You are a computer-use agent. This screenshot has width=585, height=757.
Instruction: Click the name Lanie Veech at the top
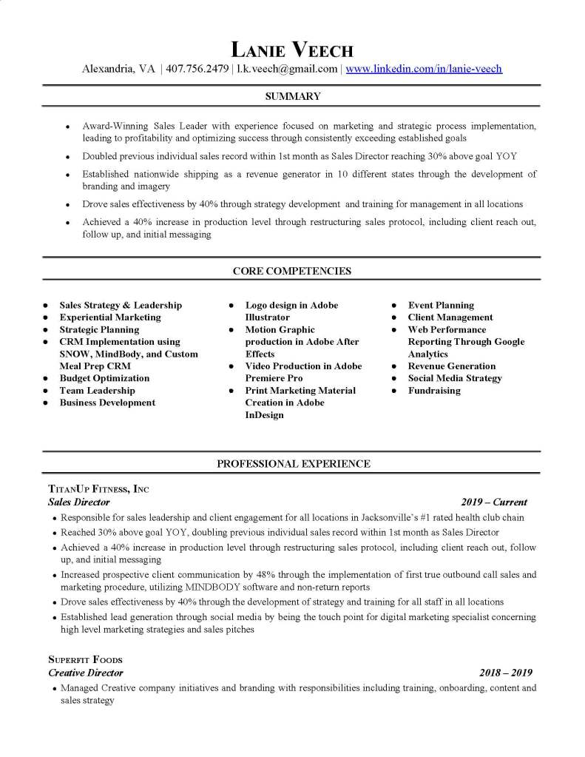coord(293,50)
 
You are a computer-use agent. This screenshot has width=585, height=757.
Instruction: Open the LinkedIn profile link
coord(424,69)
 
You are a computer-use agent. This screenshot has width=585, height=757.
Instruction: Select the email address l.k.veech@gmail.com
coord(287,69)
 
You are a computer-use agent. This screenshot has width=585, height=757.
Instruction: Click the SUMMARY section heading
coord(293,96)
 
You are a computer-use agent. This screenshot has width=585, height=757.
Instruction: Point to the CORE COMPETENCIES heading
coord(293,271)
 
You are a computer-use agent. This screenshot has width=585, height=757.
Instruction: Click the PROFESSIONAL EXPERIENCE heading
coord(293,464)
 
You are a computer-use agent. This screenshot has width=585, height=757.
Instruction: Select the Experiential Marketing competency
coord(110,317)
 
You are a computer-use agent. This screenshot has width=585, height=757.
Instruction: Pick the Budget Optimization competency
coord(104,378)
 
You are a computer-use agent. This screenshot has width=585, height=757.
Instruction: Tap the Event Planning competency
coord(441,305)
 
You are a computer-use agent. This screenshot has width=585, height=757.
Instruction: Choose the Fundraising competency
coord(434,391)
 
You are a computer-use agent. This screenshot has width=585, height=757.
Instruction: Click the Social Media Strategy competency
coord(455,378)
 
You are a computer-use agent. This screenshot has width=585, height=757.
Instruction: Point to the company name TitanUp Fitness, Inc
coord(98,489)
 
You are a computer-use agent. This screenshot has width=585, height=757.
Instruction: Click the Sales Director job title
coord(79,502)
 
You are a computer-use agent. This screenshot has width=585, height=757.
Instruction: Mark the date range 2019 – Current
coord(494,502)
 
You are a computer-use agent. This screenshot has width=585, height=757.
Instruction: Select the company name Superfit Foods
coord(85,659)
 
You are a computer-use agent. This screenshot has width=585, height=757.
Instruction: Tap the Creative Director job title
coord(86,673)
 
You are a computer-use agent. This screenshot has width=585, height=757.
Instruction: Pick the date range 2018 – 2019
coord(505,673)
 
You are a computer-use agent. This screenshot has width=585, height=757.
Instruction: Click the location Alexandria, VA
coord(118,69)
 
